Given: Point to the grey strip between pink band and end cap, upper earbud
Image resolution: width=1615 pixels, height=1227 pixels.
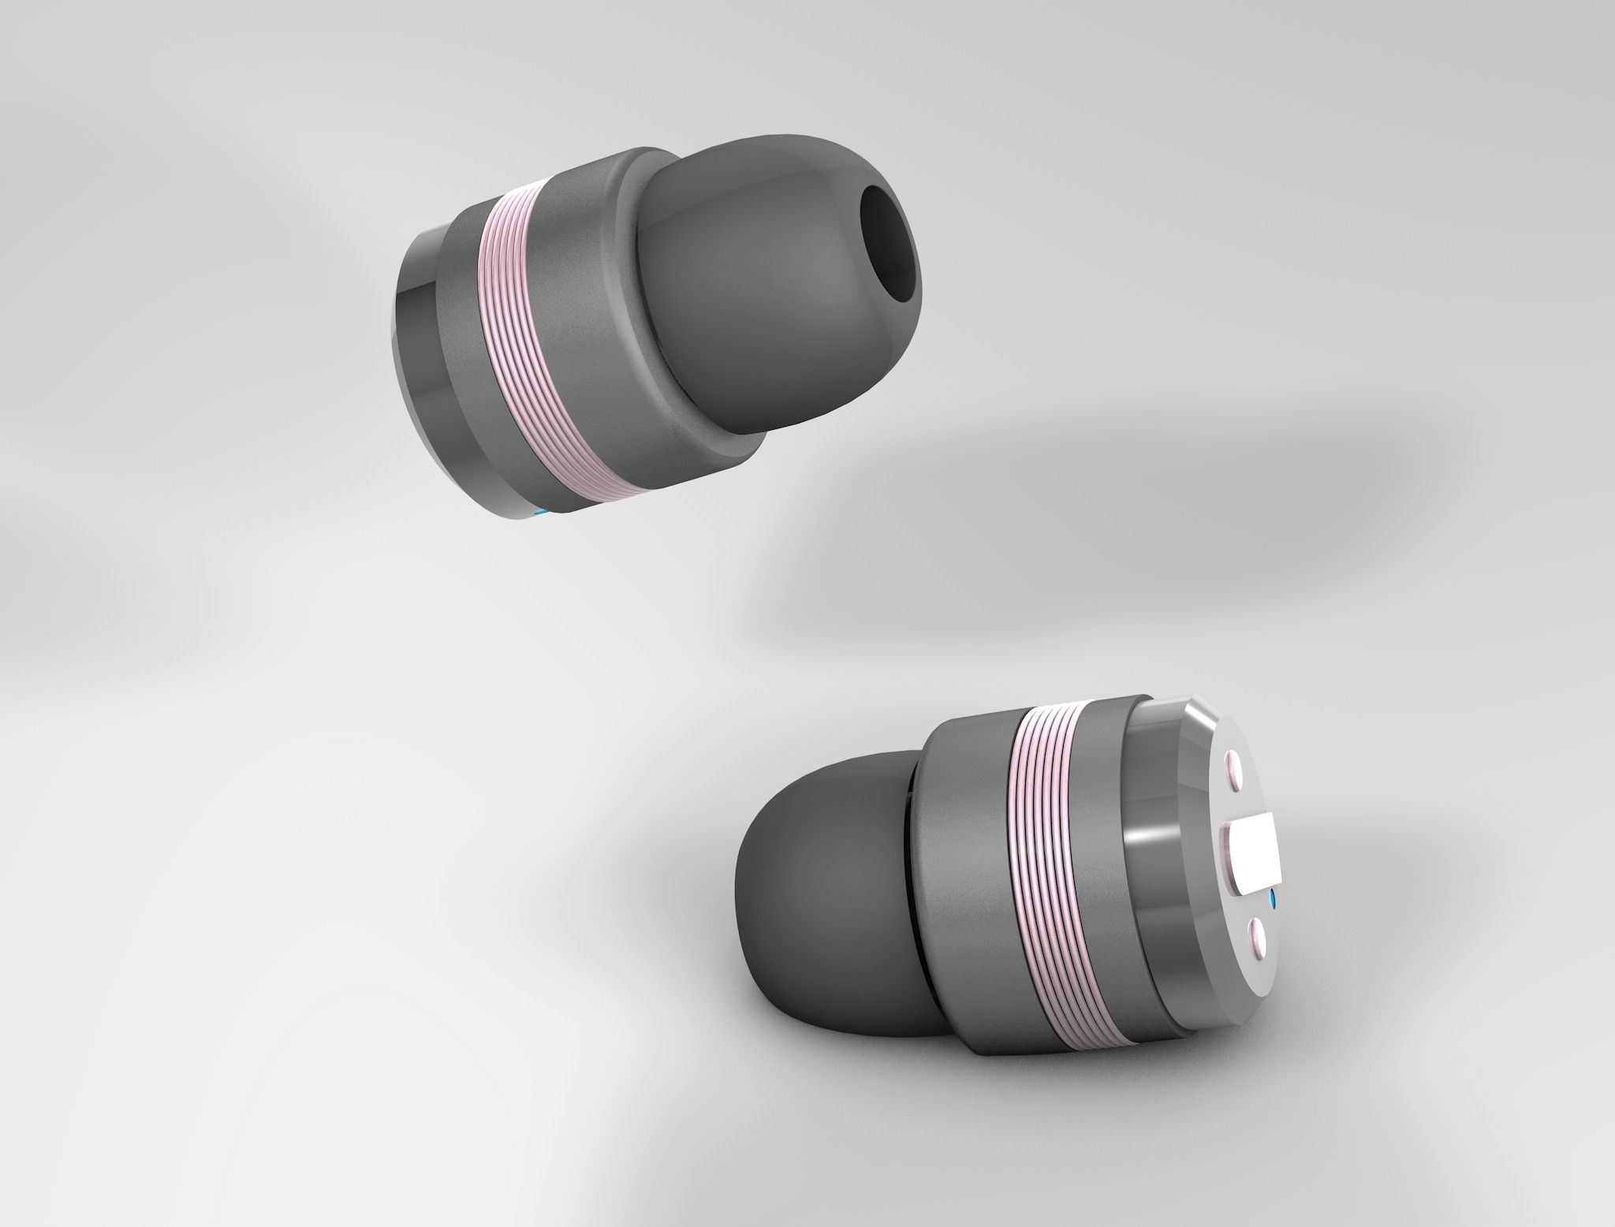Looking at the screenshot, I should tap(465, 363).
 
